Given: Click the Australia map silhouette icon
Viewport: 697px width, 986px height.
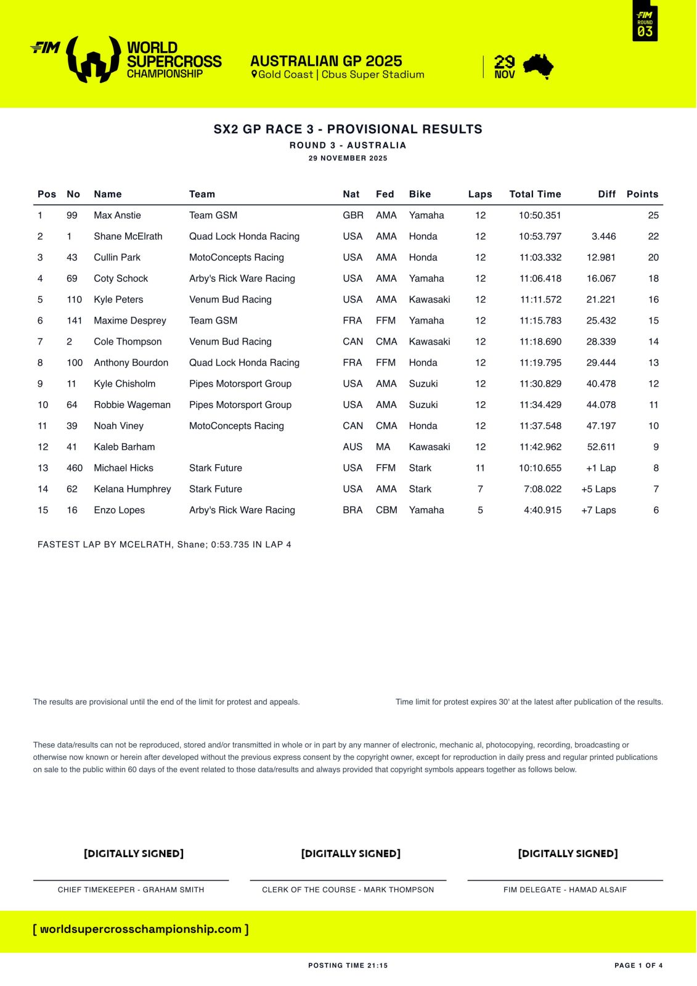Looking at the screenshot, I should click(x=538, y=67).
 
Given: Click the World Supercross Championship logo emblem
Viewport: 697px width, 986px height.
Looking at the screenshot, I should click(x=93, y=59).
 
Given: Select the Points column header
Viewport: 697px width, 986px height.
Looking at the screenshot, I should click(x=642, y=194).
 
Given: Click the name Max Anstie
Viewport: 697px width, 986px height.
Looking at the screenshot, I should click(x=117, y=215).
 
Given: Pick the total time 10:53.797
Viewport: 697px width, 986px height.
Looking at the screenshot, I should click(x=540, y=236).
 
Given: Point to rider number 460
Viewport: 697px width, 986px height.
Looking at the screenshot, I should click(x=75, y=468).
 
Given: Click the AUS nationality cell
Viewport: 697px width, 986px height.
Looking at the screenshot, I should click(x=353, y=447).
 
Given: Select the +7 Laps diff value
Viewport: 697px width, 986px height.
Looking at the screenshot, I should click(x=598, y=510).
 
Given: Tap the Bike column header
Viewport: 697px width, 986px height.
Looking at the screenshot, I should click(x=420, y=194).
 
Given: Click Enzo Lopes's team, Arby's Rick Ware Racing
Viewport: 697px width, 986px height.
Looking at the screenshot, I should click(x=242, y=510).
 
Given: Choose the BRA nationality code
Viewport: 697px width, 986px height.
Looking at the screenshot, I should click(x=353, y=510).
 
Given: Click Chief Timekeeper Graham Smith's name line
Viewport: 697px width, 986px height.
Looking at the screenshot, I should click(x=131, y=889).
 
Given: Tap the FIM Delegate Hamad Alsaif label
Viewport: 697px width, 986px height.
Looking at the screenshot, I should click(x=565, y=889).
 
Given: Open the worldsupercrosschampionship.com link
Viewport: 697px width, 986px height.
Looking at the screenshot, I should click(x=141, y=929).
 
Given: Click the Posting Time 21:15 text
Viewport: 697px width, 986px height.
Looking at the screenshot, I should click(x=348, y=965).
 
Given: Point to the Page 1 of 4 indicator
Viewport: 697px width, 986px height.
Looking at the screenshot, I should click(x=638, y=965).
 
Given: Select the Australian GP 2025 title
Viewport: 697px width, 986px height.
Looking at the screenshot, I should click(x=326, y=61).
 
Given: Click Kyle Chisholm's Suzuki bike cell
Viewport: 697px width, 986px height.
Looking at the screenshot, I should click(x=423, y=383).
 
